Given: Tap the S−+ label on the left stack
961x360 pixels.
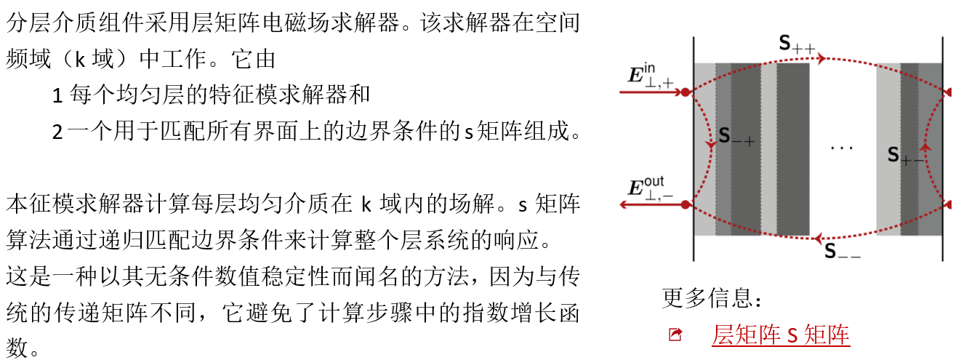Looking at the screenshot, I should pos(737,136).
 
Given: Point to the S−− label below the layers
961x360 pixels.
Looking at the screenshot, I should pos(843,252).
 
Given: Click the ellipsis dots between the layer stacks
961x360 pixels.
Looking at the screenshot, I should pos(842,148).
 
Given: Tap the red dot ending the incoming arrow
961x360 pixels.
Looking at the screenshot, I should pos(685,92).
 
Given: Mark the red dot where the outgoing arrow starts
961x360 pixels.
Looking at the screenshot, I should pos(685,205).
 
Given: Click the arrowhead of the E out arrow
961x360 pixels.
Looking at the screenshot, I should pos(624,205).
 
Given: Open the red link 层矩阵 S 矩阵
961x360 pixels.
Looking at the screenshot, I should pos(780,335).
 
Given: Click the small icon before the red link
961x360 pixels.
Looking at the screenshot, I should pos(675,335).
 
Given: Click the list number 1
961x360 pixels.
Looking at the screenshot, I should pos(58,95).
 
